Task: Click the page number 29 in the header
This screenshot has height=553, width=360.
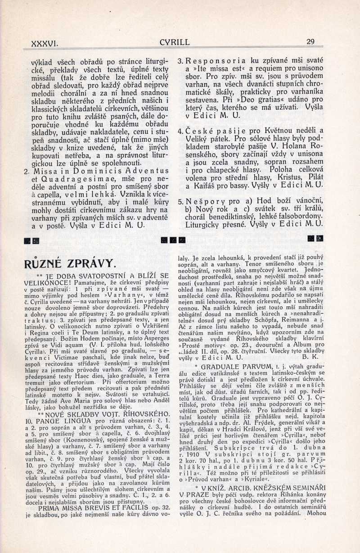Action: tap(310, 42)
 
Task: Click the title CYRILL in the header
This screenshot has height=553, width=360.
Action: tap(174, 42)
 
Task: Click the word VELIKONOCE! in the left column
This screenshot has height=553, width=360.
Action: tap(45, 283)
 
